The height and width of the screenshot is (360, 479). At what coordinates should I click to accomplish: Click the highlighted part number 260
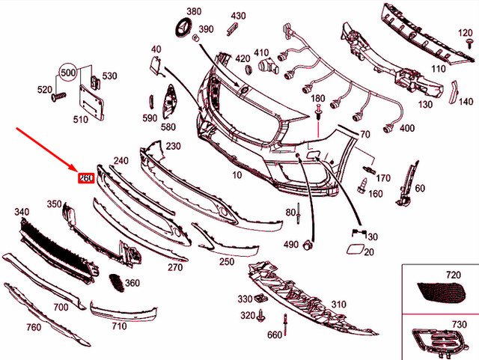coord(85,178)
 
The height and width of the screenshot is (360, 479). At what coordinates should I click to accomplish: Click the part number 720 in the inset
coord(454,275)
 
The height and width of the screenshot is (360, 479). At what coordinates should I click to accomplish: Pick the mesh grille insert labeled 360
coord(117,281)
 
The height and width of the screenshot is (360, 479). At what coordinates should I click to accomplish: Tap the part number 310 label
coord(338,304)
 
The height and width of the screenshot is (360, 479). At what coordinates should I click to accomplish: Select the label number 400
coord(407,129)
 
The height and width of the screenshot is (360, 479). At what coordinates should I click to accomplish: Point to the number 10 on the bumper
coord(237,175)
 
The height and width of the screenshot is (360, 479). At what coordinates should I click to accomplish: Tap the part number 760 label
coord(34,326)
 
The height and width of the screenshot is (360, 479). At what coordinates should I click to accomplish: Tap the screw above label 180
coord(319,112)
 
